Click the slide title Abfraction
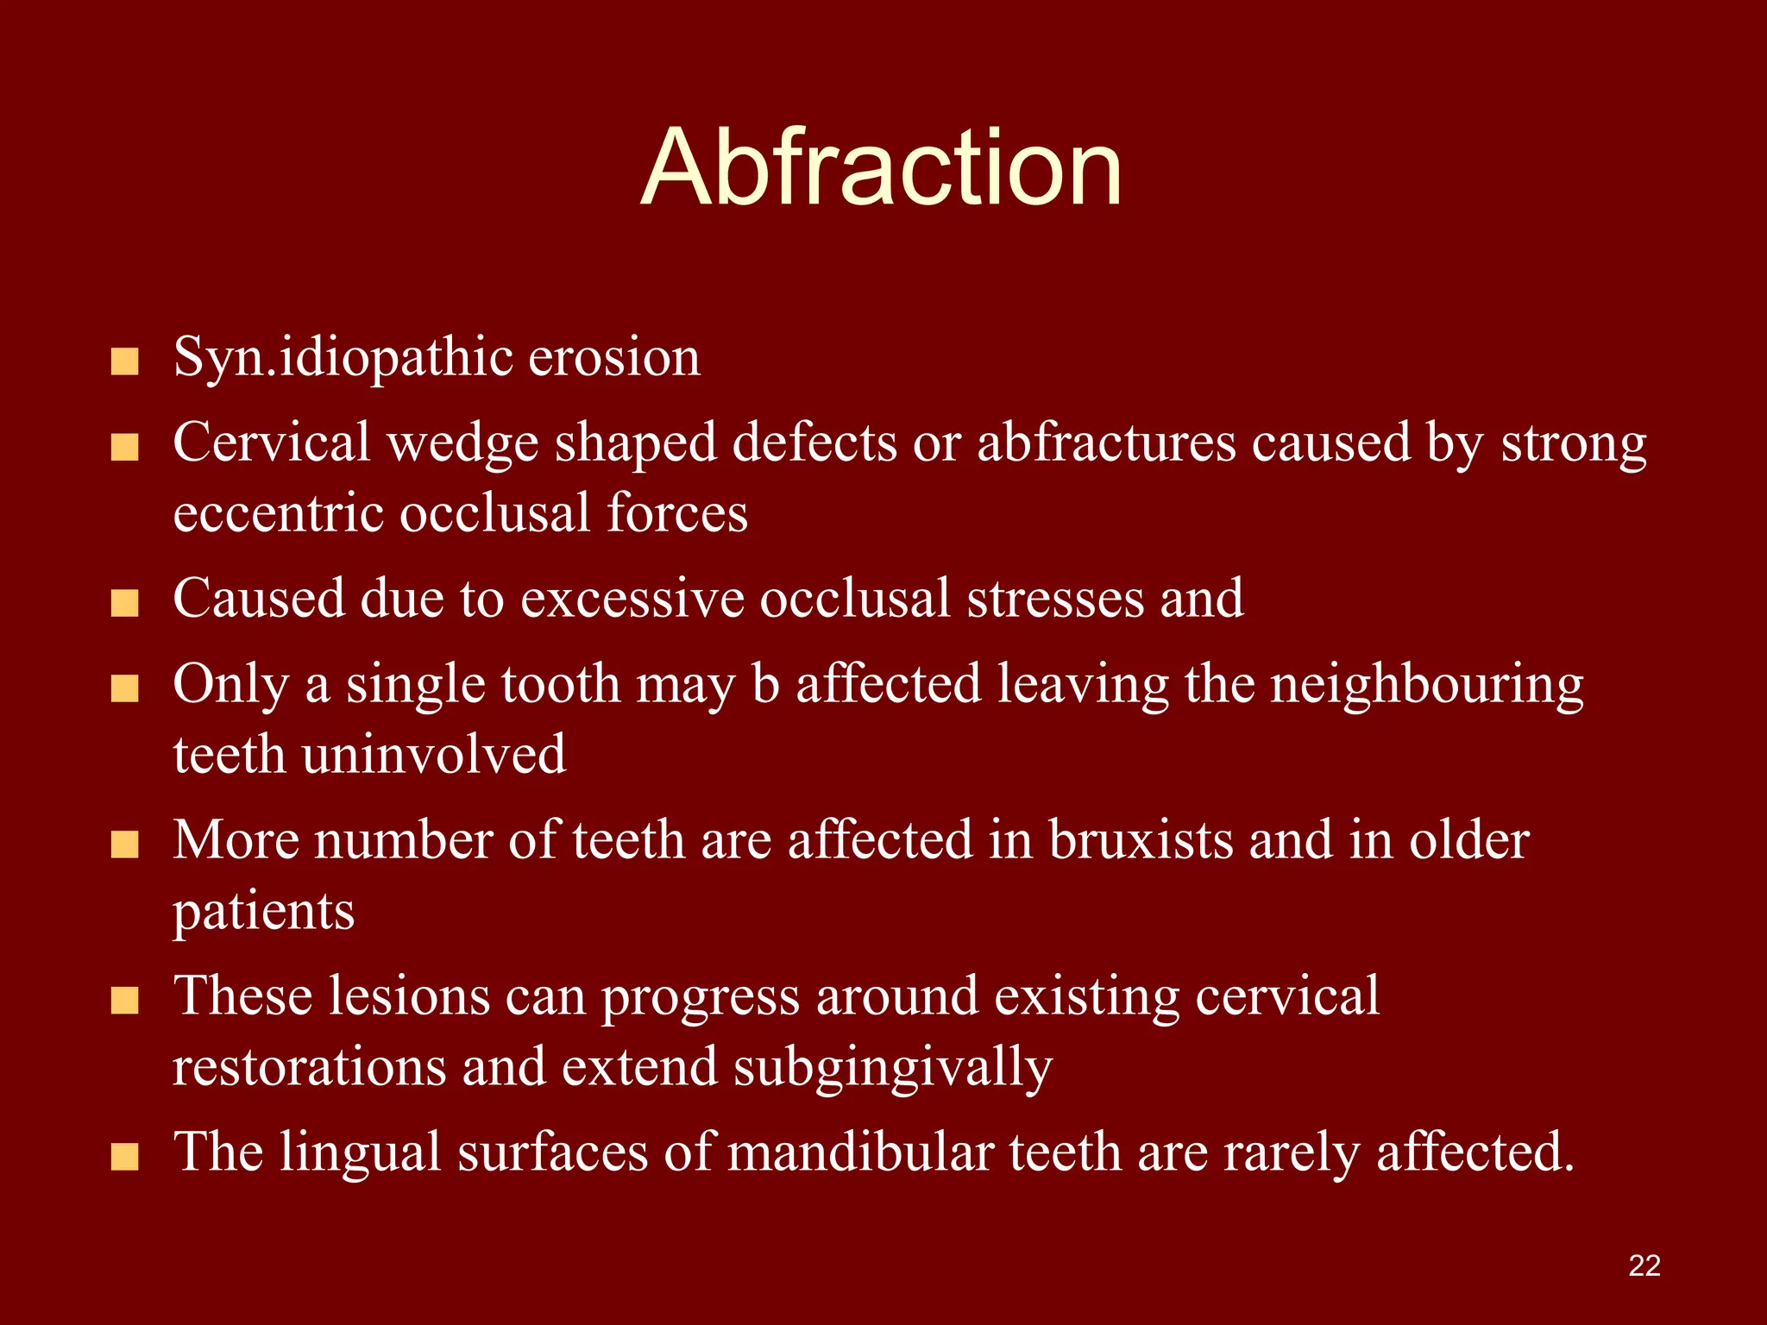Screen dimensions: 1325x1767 coord(881,168)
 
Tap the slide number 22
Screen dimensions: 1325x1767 coord(1644,1265)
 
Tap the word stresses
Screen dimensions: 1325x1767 coord(1054,598)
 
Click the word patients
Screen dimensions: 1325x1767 coord(263,911)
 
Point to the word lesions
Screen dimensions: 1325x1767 coord(408,995)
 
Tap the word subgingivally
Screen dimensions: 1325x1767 coord(893,1068)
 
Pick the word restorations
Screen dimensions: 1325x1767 coord(310,1066)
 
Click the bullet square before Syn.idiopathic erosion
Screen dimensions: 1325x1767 coord(125,362)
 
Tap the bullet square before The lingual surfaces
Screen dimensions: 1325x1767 coord(125,1157)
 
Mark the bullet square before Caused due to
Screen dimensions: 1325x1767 coord(125,603)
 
